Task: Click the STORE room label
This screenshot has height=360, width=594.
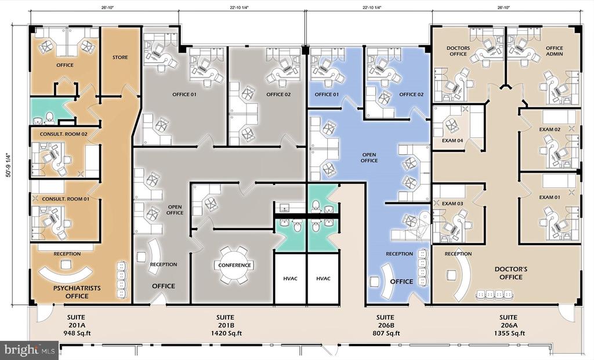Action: pyautogui.click(x=120, y=57)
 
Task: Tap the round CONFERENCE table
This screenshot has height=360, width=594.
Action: pyautogui.click(x=234, y=265)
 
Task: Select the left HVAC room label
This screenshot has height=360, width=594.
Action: pyautogui.click(x=290, y=279)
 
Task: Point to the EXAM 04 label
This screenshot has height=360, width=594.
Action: pyautogui.click(x=452, y=140)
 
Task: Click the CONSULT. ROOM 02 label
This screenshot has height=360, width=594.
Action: pyautogui.click(x=64, y=134)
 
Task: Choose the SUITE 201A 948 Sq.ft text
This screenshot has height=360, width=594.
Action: pyautogui.click(x=76, y=325)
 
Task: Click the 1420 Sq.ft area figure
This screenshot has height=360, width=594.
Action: pyautogui.click(x=225, y=333)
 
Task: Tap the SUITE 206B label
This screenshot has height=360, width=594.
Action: pyautogui.click(x=385, y=321)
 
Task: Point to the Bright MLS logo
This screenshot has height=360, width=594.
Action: pyautogui.click(x=29, y=350)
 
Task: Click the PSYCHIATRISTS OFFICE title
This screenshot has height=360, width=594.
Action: pyautogui.click(x=77, y=292)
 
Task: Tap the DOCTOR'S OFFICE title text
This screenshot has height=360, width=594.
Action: pyautogui.click(x=511, y=273)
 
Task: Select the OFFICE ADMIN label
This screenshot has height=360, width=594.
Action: pyautogui.click(x=554, y=51)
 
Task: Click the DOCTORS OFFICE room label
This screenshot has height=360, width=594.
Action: pyautogui.click(x=458, y=51)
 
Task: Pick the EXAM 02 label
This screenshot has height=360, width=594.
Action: pyautogui.click(x=550, y=129)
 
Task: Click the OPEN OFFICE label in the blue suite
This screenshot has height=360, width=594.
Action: pyautogui.click(x=369, y=158)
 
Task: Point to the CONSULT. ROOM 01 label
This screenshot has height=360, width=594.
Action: pyautogui.click(x=66, y=199)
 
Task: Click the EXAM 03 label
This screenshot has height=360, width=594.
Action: pyautogui.click(x=452, y=203)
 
